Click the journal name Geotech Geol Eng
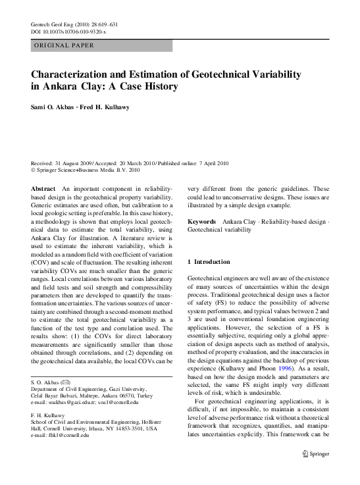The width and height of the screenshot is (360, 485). point(53,24)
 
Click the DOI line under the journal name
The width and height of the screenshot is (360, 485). point(68,31)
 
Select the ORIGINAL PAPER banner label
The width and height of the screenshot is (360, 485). point(63,45)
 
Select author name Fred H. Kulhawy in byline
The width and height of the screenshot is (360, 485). point(107,107)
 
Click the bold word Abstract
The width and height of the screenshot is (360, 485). point(43,189)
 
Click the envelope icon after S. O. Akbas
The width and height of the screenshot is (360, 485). point(66,382)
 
